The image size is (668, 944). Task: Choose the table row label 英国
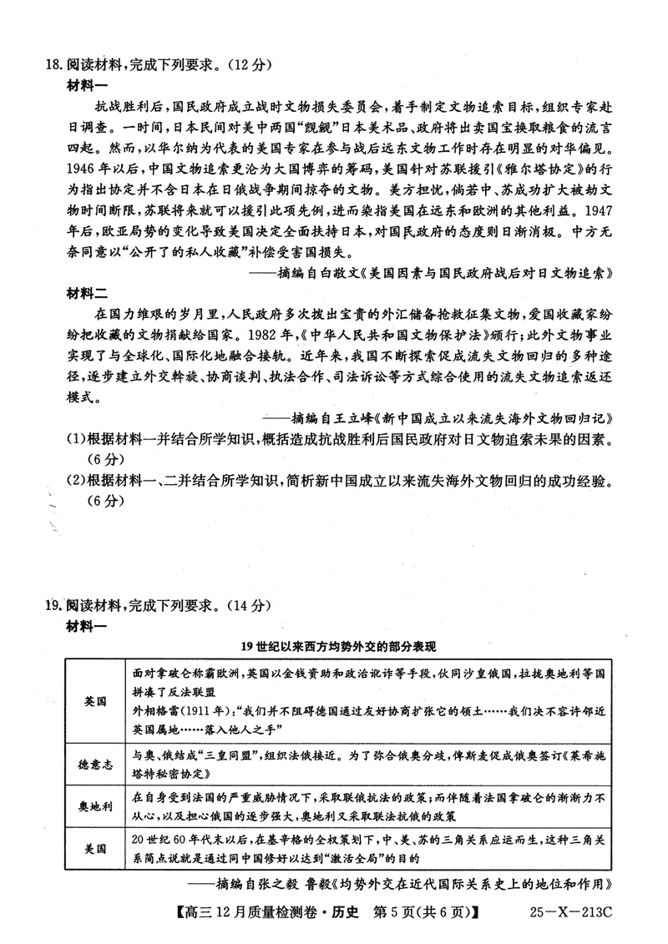pos(96,702)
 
